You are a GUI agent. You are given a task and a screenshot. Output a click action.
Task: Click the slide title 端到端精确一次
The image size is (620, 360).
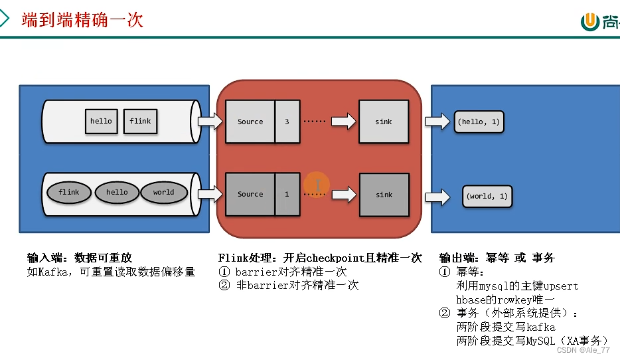[82, 19]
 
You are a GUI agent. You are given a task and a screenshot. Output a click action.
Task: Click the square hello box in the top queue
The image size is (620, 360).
[101, 121]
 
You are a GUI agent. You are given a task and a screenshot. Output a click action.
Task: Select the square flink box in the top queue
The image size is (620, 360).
[140, 121]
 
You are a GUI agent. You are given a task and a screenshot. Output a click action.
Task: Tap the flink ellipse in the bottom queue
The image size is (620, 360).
[68, 193]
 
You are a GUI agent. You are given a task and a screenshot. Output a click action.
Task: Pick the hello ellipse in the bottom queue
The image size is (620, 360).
[117, 193]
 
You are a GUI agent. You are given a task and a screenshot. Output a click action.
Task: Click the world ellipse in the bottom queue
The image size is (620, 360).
[163, 193]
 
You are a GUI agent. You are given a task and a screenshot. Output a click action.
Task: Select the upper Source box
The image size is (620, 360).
[250, 122]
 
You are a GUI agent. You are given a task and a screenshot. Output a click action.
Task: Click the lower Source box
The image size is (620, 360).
[250, 194]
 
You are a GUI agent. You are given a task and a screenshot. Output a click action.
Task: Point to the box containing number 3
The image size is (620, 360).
[287, 122]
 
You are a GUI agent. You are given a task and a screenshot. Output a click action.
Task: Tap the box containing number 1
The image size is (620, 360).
[287, 194]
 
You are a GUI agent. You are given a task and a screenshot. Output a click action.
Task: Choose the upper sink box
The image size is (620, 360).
[384, 122]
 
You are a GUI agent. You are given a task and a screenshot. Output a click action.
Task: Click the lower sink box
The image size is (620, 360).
[384, 195]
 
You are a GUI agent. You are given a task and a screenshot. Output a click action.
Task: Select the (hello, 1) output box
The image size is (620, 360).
[479, 122]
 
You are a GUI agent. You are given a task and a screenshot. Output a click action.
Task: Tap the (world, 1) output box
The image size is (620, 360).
[487, 196]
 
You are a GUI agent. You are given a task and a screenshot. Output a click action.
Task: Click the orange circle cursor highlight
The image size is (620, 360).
[317, 185]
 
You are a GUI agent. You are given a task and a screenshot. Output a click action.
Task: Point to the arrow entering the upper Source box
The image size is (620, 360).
[210, 122]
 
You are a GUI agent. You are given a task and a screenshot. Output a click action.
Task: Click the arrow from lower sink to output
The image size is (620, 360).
[437, 197]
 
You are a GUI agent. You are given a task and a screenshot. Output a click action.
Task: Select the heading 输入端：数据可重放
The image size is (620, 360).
[79, 258]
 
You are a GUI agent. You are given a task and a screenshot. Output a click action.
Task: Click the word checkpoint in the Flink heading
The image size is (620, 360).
[333, 258]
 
